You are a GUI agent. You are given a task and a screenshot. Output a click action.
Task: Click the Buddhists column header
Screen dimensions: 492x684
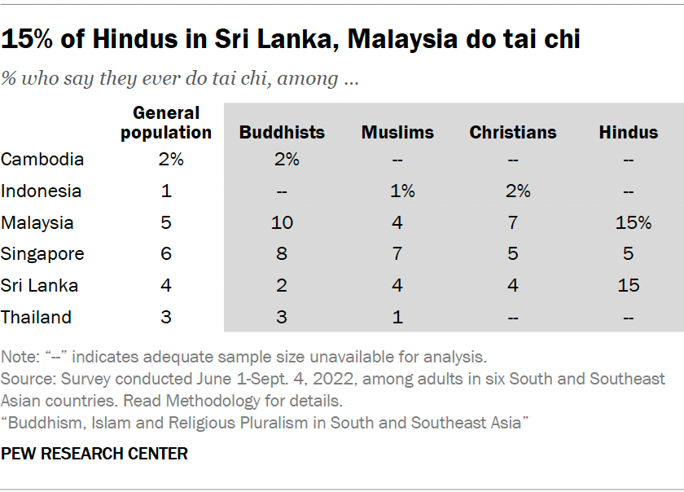(x=282, y=132)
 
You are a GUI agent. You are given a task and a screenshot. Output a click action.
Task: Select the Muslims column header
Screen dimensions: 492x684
(x=397, y=132)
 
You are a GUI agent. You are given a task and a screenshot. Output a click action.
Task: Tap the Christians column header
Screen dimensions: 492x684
(x=513, y=132)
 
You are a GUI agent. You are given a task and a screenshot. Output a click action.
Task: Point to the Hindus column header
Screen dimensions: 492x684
(x=629, y=132)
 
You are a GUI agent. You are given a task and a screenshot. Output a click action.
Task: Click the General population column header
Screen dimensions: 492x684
(x=166, y=122)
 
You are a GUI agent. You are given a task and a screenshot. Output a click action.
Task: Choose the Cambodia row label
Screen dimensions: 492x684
(x=42, y=160)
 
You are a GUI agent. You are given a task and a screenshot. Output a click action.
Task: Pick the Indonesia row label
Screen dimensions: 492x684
(x=42, y=191)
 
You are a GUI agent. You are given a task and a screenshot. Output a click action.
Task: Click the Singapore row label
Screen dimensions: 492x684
(x=42, y=254)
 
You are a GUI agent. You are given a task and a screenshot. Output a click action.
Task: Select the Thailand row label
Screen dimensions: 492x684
(x=37, y=318)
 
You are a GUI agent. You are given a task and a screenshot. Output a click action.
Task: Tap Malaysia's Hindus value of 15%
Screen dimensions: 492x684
(x=634, y=222)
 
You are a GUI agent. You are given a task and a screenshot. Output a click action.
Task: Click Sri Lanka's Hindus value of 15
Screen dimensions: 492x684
(x=629, y=286)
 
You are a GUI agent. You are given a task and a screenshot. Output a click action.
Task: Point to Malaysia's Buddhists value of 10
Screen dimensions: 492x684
(x=282, y=222)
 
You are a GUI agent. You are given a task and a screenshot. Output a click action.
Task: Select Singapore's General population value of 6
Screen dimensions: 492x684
(x=166, y=254)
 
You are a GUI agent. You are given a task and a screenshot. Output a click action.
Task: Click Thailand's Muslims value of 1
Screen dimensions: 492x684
(x=397, y=318)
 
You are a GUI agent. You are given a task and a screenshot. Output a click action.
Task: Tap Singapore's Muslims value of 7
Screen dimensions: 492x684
(x=397, y=254)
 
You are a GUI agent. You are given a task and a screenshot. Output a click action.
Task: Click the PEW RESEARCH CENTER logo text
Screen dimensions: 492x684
(x=94, y=454)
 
